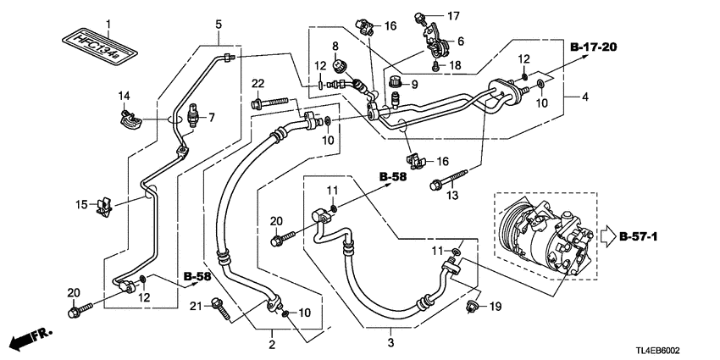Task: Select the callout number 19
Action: (498, 306)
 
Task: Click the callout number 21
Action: (194, 305)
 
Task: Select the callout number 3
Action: (390, 342)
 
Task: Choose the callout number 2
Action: (272, 344)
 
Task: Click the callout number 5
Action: (218, 23)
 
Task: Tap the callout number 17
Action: (453, 15)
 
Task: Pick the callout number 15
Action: (81, 204)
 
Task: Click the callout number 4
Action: (585, 97)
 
